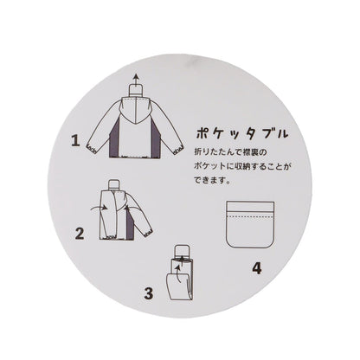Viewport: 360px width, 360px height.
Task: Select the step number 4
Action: (x=255, y=267)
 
